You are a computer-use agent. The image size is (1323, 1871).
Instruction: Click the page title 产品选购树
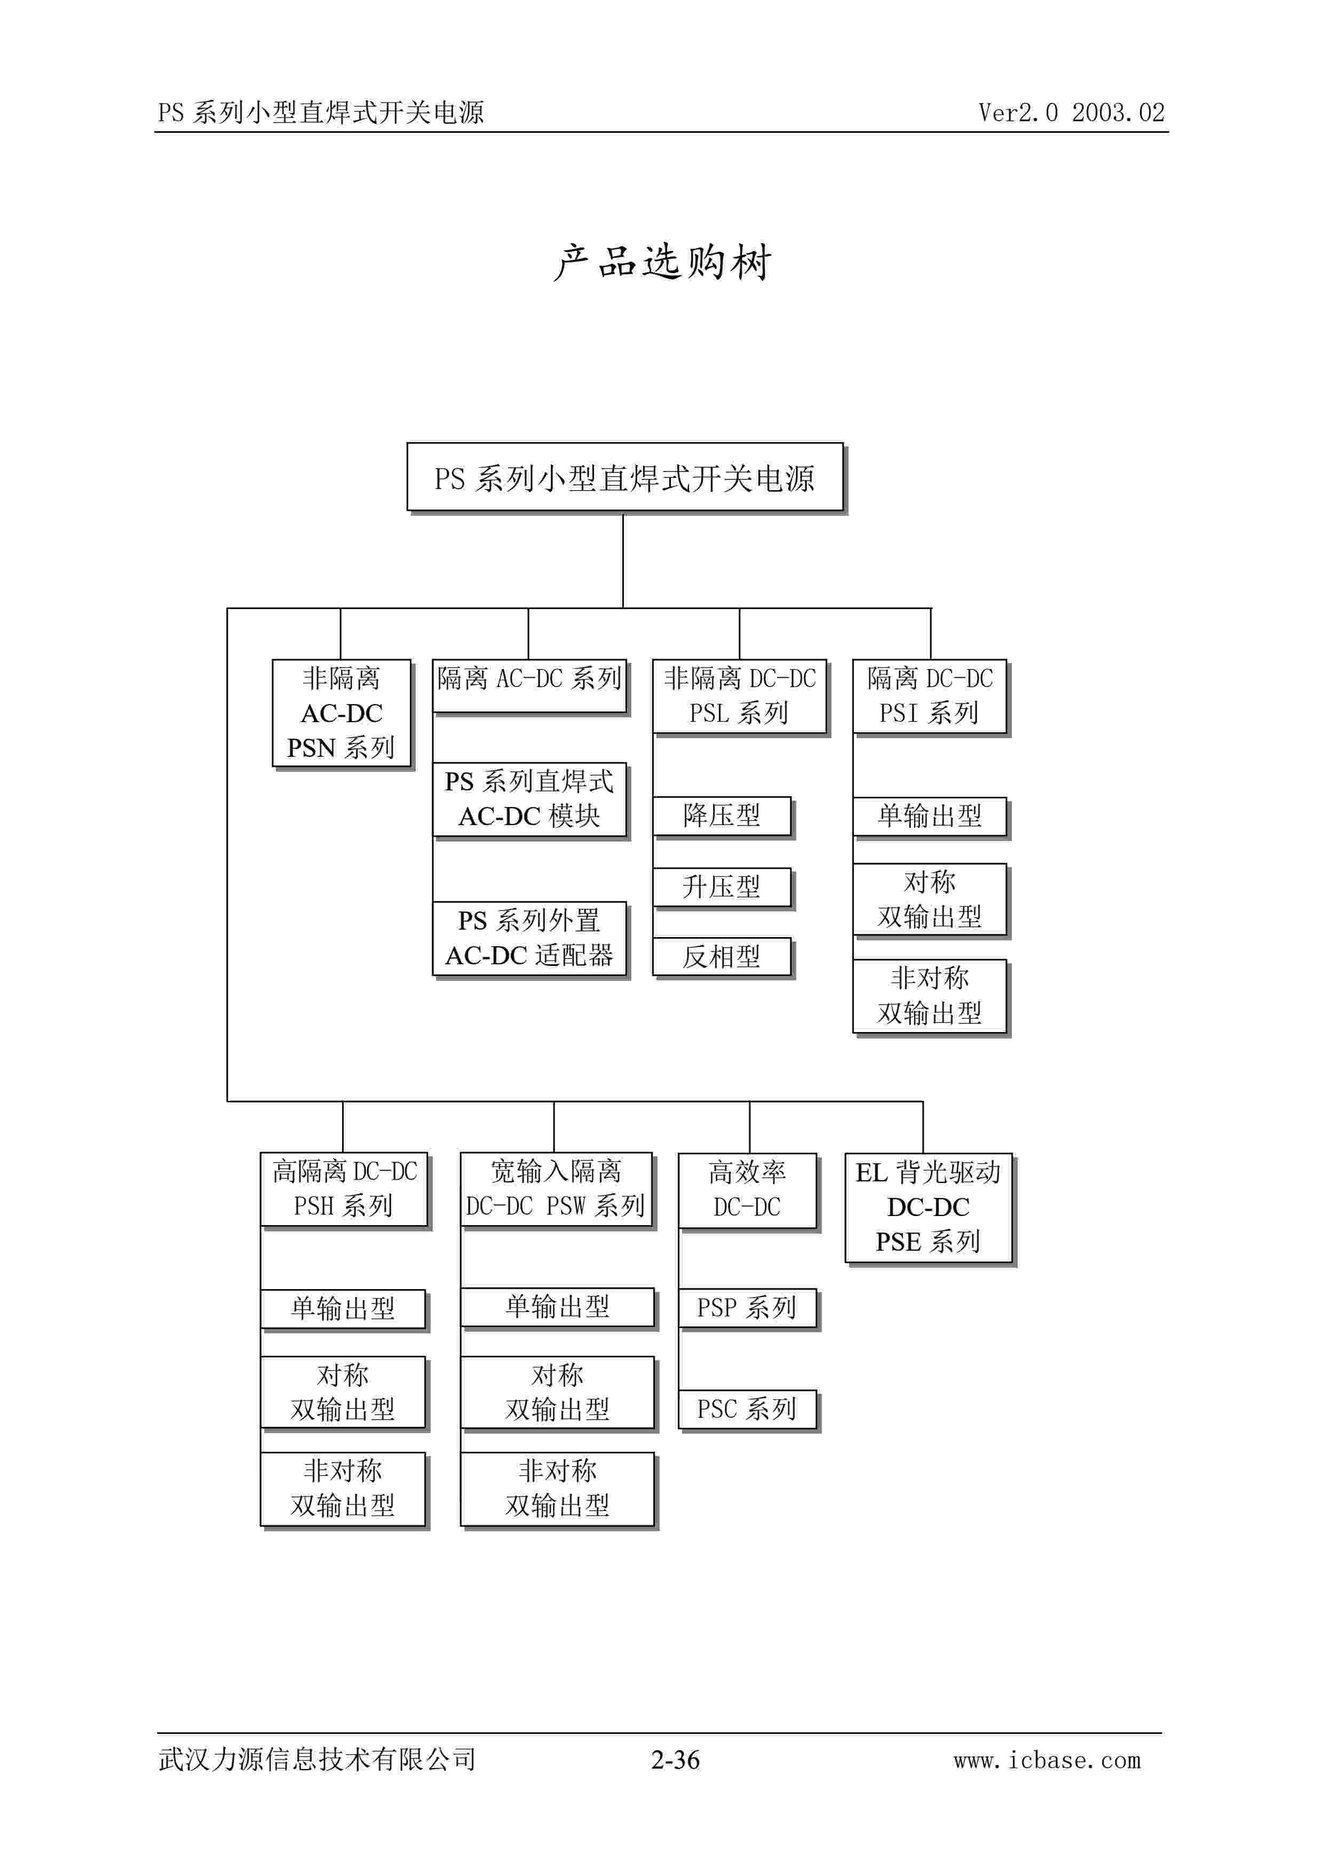tap(662, 262)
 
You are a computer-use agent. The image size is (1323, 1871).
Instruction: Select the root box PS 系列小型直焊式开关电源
tap(624, 477)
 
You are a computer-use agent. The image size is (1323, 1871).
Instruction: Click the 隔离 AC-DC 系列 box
tap(529, 685)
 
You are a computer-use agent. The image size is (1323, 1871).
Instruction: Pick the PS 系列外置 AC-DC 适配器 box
tap(529, 938)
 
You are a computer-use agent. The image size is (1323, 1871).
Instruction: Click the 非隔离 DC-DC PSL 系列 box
tap(739, 696)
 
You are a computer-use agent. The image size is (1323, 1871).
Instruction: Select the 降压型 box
tap(722, 815)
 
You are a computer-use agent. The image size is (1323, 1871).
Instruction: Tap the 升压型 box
tap(722, 886)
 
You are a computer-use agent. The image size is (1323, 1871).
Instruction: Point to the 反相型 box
tap(722, 957)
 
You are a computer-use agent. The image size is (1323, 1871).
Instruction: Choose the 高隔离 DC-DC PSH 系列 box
tap(344, 1189)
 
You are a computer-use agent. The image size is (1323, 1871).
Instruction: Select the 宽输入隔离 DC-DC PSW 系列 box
tap(556, 1189)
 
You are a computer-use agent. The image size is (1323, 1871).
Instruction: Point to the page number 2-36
tap(675, 1760)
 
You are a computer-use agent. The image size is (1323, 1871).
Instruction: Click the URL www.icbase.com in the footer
tap(1048, 1760)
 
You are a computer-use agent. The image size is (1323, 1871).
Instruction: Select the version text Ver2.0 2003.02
tap(1071, 113)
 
